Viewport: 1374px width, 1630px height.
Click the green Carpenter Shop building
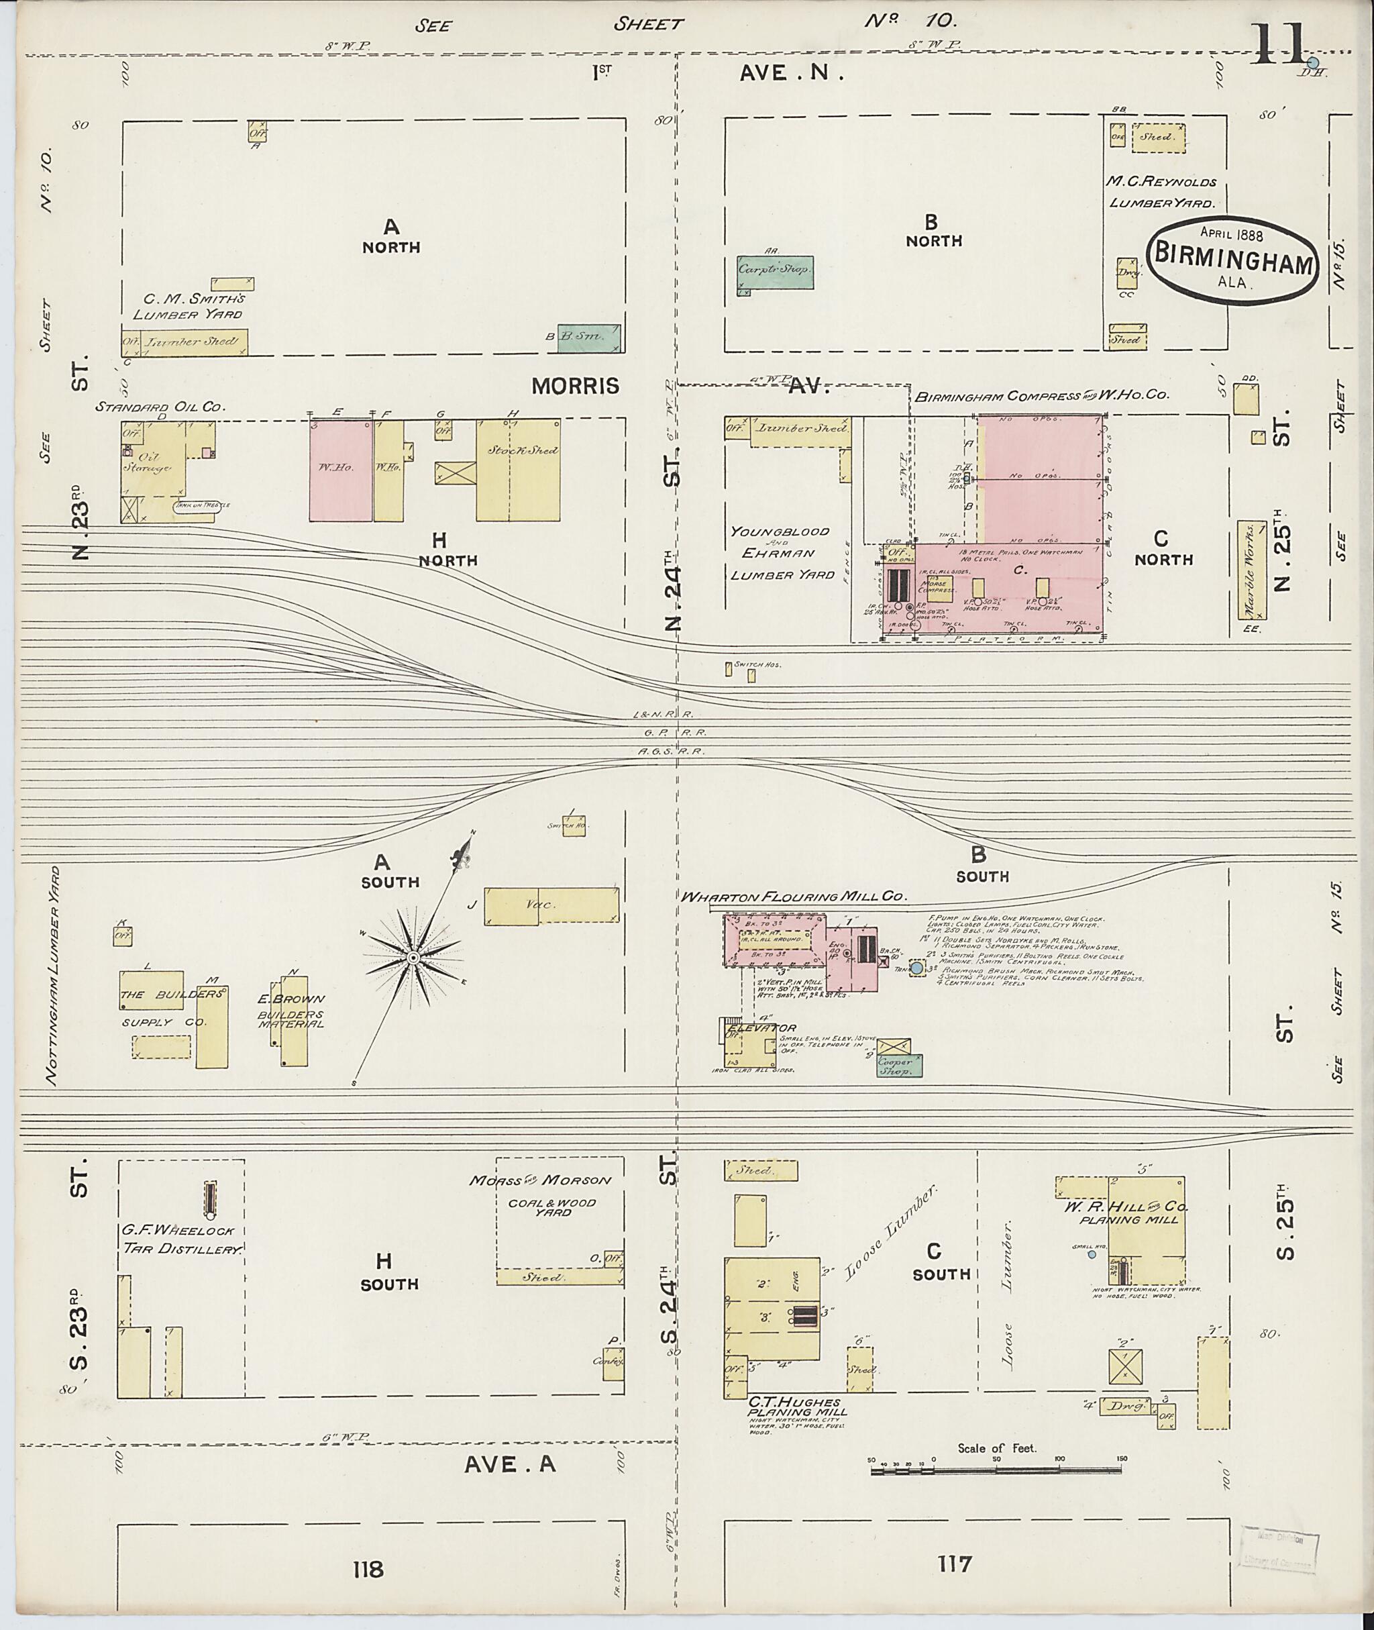(776, 272)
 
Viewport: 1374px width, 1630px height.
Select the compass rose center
(413, 956)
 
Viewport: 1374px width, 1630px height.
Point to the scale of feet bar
(996, 1470)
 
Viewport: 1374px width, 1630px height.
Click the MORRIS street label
(586, 386)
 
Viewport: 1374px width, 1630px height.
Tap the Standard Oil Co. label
(160, 407)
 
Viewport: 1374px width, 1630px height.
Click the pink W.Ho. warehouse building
(341, 470)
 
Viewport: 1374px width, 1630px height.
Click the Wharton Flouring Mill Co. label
(794, 897)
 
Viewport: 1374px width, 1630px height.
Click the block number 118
(368, 1568)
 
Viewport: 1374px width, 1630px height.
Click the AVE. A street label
(510, 1465)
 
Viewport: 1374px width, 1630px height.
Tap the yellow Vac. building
(551, 905)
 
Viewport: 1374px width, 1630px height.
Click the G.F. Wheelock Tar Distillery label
(182, 1240)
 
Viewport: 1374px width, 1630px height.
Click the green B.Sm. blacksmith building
(590, 338)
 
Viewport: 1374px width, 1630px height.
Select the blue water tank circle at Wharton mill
(916, 968)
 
